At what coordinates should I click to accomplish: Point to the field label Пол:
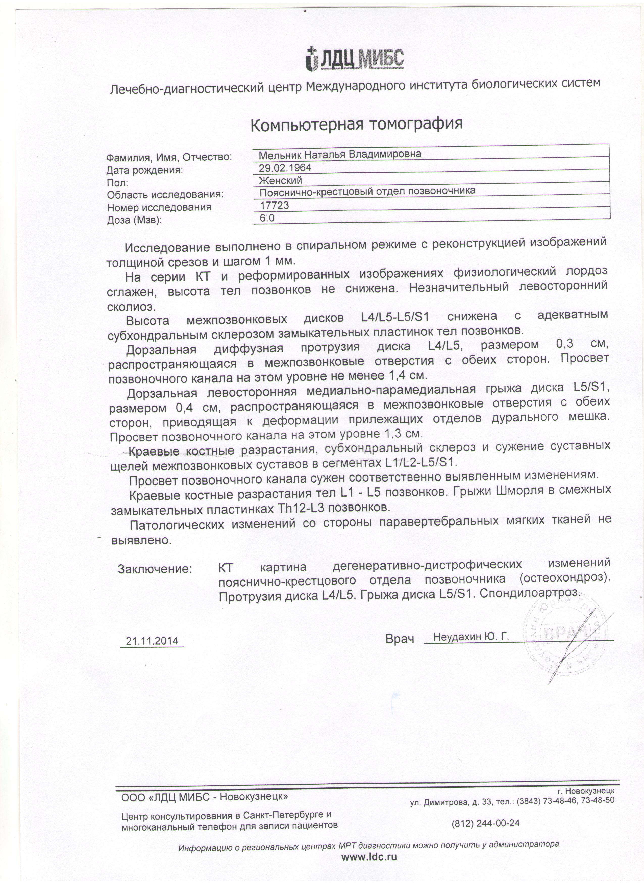click(117, 183)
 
